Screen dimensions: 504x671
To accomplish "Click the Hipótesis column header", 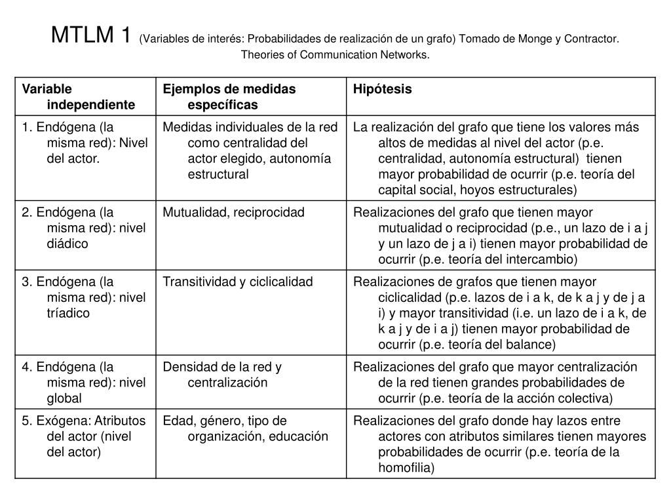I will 383,89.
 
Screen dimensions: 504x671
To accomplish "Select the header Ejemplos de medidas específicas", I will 229,96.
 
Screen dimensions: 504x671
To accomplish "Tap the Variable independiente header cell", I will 79,96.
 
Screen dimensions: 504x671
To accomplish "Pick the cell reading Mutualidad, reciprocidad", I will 233,212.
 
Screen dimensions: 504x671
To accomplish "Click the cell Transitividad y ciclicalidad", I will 238,282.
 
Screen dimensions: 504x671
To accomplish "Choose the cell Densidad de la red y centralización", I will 222,375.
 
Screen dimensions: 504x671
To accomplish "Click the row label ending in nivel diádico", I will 85,228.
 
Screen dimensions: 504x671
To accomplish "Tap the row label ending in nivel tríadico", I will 85,297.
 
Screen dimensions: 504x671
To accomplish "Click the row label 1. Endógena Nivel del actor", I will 85,142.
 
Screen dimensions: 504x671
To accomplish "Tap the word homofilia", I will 406,468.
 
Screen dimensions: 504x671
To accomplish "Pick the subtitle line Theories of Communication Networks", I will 335,54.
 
